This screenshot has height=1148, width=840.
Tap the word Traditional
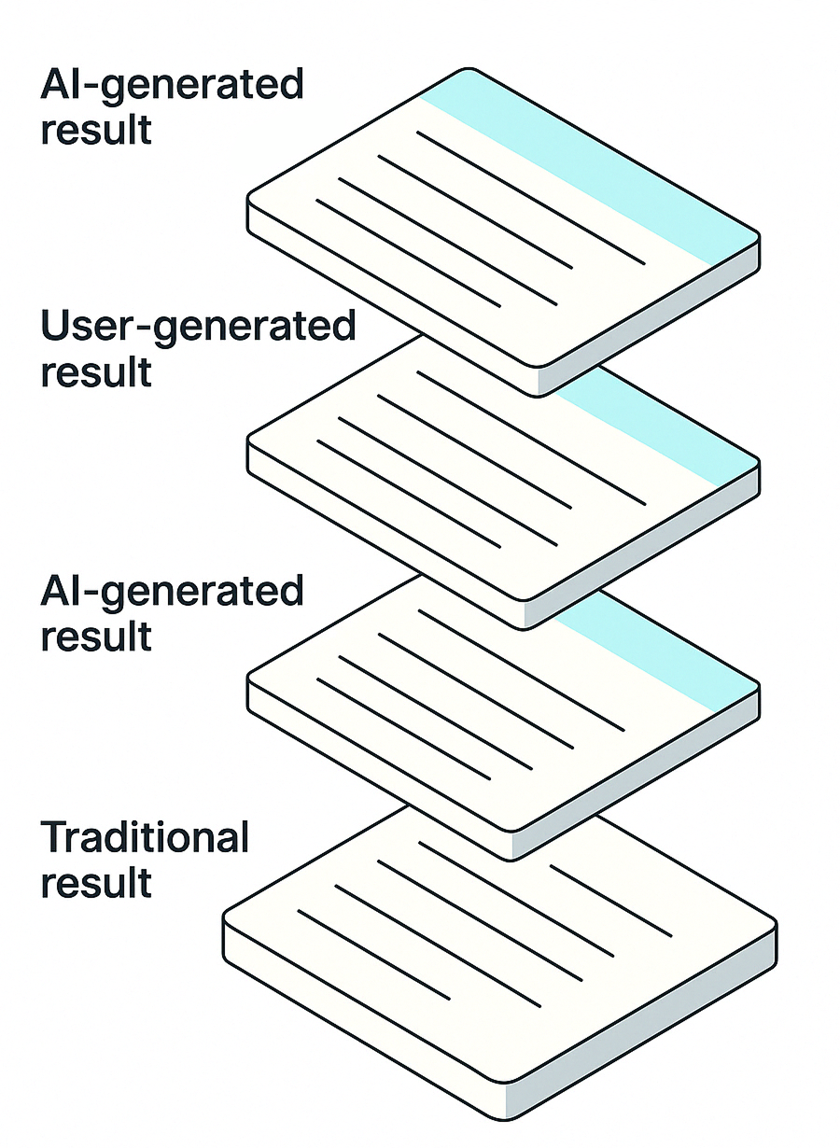click(x=145, y=837)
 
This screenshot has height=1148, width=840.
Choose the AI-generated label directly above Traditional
click(x=173, y=593)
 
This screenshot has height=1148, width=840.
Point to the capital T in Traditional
click(x=53, y=837)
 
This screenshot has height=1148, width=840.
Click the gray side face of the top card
click(x=653, y=317)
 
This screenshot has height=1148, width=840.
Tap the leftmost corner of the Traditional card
click(x=225, y=919)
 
